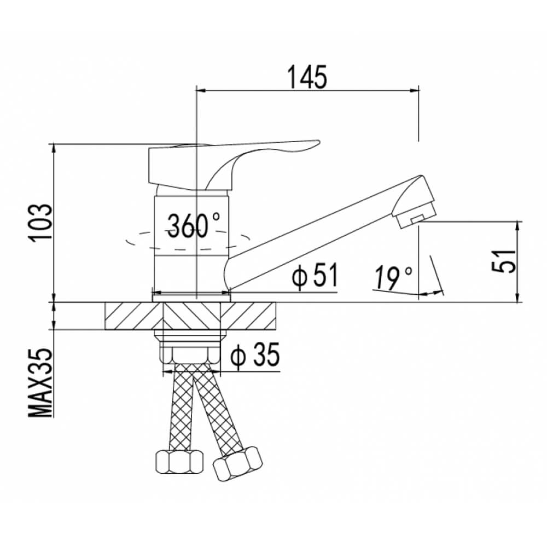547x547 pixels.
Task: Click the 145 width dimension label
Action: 307,77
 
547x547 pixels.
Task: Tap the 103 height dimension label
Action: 40,223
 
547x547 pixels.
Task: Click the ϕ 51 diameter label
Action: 316,276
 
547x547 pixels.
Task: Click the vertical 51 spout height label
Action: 503,261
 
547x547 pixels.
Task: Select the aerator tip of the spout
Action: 416,214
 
